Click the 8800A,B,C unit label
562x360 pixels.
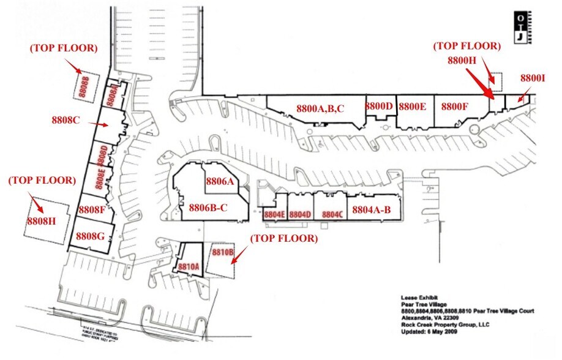(x=320, y=108)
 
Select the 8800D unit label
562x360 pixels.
(x=379, y=106)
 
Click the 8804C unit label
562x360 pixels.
(x=331, y=215)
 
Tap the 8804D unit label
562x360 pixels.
(x=301, y=215)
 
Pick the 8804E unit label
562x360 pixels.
(x=274, y=215)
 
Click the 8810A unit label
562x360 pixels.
(x=189, y=267)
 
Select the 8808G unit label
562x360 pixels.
(x=91, y=235)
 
